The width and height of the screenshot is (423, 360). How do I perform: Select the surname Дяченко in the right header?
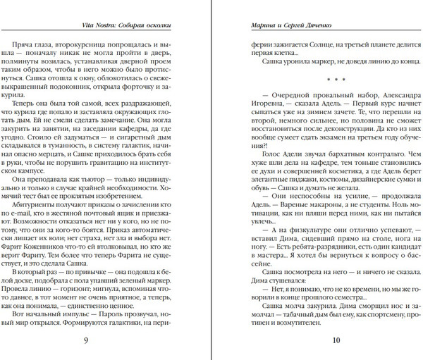(x=317, y=28)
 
